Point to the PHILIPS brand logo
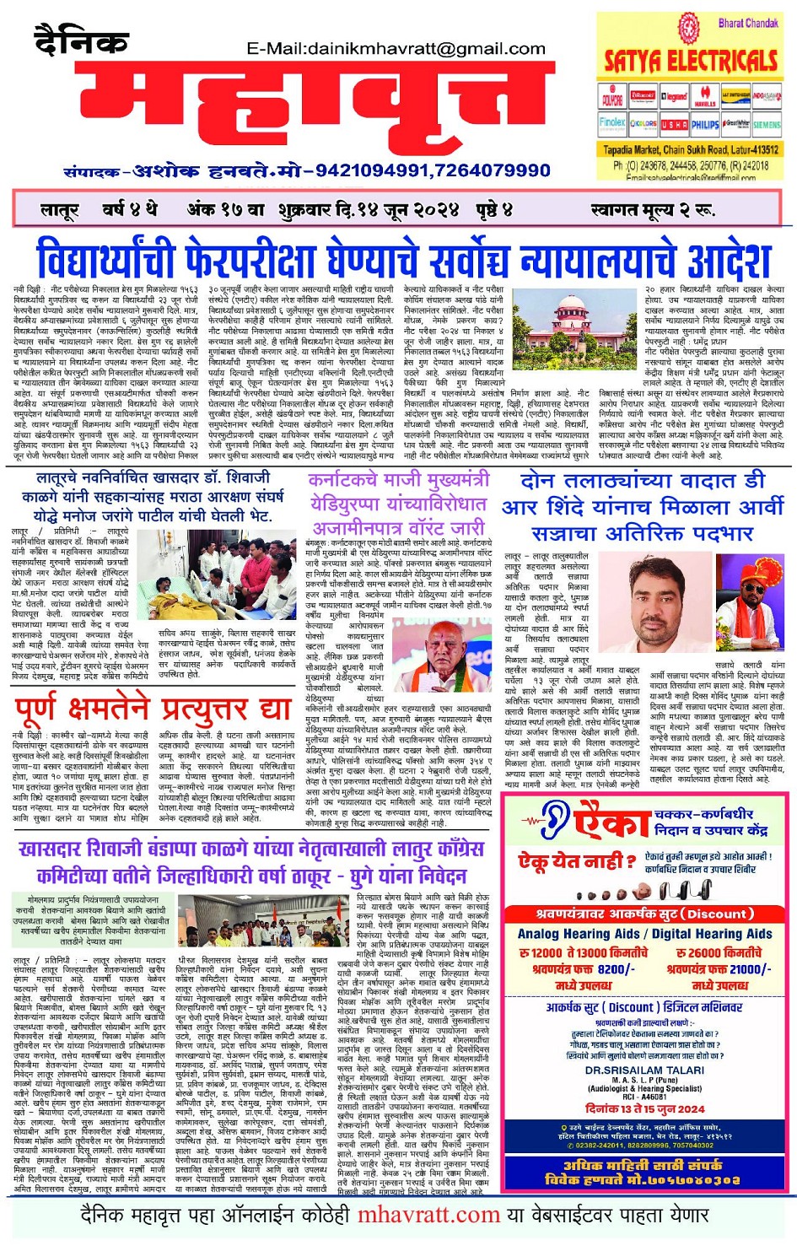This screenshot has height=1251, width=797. click(x=705, y=124)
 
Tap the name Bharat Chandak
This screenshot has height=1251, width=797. click(x=748, y=23)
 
